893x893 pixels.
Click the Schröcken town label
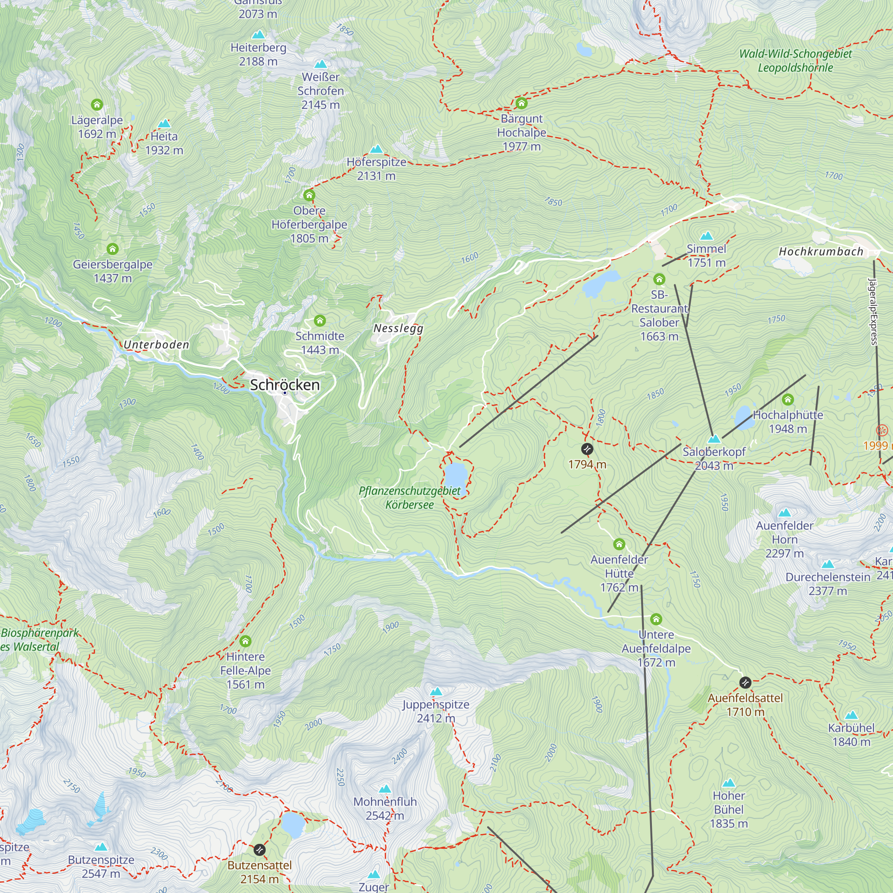[285, 384]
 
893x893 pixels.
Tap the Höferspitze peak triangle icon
[377, 149]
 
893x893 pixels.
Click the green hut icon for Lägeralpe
[96, 104]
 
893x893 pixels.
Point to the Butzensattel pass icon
[260, 850]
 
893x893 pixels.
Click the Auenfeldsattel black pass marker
[745, 682]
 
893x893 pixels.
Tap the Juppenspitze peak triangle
[436, 692]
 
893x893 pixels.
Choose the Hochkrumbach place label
[821, 251]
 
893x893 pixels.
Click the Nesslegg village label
[398, 328]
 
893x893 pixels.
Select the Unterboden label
[156, 344]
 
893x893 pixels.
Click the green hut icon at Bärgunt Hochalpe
[522, 103]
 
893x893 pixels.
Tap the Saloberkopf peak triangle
[714, 438]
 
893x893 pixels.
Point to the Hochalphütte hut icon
[788, 399]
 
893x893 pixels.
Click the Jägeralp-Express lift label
[872, 312]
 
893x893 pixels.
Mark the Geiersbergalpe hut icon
[113, 249]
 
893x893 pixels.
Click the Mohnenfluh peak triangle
[385, 789]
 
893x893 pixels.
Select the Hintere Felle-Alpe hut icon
[246, 641]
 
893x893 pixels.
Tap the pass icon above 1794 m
[587, 449]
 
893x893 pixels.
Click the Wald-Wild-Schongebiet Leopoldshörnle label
[795, 61]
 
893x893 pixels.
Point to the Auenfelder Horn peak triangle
[785, 513]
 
